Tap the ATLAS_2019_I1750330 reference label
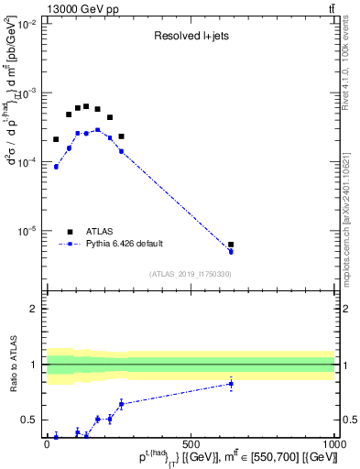pyautogui.click(x=191, y=274)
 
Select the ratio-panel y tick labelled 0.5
pyautogui.click(x=31, y=420)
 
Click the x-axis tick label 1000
pyautogui.click(x=333, y=442)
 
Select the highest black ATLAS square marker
pyautogui.click(x=86, y=106)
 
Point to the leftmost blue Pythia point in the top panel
pyautogui.click(x=56, y=167)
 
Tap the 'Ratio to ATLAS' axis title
pyautogui.click(x=13, y=365)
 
